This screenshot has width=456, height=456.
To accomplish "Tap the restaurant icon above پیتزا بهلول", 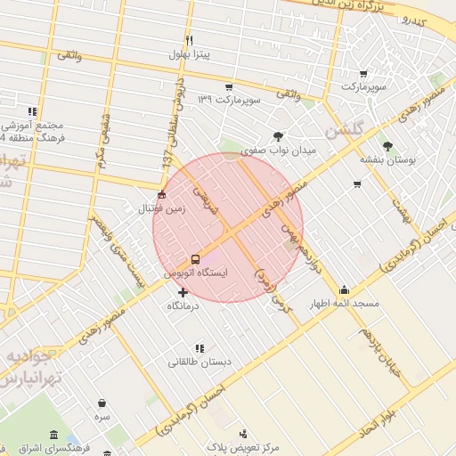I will coord(189,41).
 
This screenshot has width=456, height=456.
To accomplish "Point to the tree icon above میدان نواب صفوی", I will coord(279,136).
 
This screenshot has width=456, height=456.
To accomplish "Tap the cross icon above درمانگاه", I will coord(183,292).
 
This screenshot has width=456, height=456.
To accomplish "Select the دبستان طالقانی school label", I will coord(199,362).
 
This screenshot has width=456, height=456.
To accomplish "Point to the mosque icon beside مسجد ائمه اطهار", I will coord(344,289).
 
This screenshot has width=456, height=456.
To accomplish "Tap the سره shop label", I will coord(103,416).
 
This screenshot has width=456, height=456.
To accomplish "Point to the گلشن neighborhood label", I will coord(345,130).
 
